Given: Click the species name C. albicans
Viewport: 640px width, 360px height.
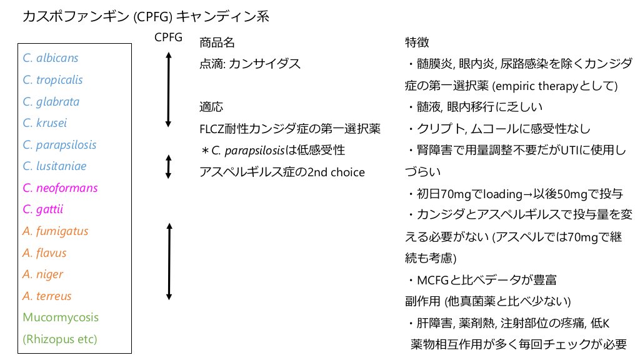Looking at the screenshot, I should click(x=51, y=58).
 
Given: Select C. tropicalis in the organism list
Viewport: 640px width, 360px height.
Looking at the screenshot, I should click(x=52, y=80).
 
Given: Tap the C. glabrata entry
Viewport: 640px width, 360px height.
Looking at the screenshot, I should click(x=51, y=102).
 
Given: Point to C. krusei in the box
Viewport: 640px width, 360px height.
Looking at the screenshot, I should click(x=45, y=123).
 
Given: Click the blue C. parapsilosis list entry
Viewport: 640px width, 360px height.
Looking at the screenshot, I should click(x=59, y=145).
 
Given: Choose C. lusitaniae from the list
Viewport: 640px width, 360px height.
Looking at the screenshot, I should click(x=54, y=166).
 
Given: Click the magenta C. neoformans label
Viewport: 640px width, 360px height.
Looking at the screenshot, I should click(x=60, y=188).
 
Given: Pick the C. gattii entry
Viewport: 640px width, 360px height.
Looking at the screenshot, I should click(x=43, y=209).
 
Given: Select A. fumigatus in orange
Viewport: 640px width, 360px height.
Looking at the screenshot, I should click(x=56, y=231).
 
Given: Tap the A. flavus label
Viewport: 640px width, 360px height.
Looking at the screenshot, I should click(x=44, y=253).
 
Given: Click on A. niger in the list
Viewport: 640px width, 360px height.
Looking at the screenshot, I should click(x=43, y=274).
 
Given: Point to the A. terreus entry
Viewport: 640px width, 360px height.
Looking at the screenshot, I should click(x=47, y=296).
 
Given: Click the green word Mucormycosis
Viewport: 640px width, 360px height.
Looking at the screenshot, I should click(x=61, y=317).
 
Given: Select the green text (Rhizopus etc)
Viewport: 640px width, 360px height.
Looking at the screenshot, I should click(x=60, y=339).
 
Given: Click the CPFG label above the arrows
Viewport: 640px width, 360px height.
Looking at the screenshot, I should click(x=168, y=37).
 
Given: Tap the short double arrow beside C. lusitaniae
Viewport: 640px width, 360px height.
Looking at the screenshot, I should click(x=168, y=167).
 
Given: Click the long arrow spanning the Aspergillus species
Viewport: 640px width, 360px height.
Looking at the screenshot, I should click(x=168, y=260).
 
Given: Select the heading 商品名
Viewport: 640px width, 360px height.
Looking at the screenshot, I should click(x=217, y=42).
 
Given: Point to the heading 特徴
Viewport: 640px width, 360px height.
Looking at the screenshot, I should click(x=417, y=42).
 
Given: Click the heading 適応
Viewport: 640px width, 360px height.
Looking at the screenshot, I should click(x=211, y=107).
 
